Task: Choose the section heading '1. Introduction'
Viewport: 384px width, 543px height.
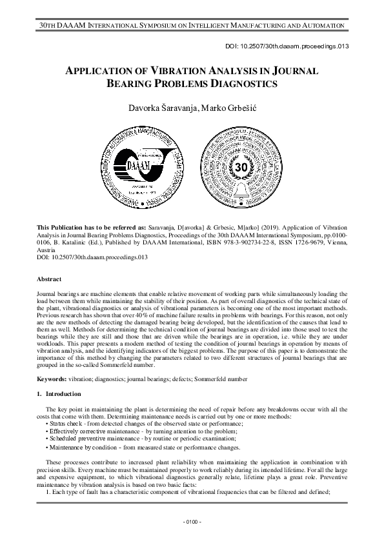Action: (59, 393)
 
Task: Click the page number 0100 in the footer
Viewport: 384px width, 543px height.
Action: (192, 521)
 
